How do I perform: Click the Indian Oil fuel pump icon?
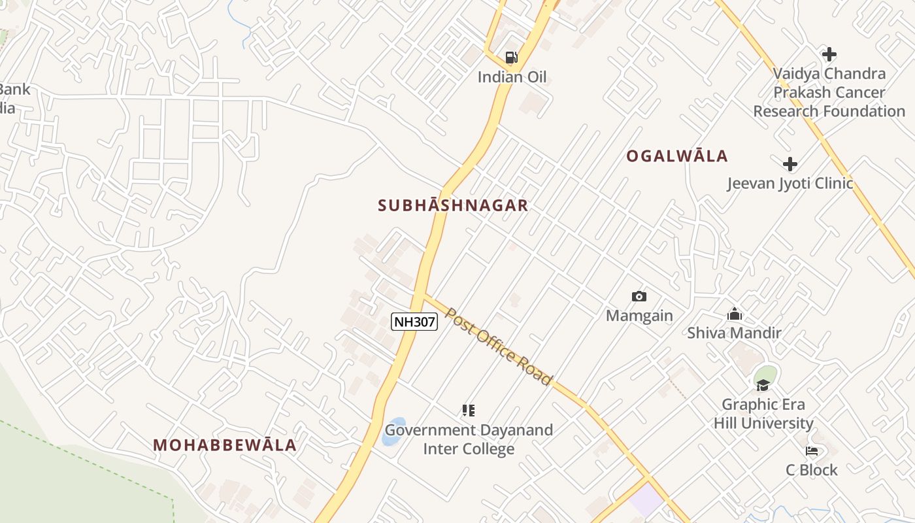[x=511, y=58]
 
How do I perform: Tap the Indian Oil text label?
[x=512, y=77]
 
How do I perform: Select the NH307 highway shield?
[x=414, y=321]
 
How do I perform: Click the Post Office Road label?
[x=499, y=346]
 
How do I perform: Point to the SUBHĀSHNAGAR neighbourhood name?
[x=453, y=205]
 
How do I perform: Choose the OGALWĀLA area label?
[x=677, y=156]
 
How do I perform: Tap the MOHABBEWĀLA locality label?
[x=225, y=445]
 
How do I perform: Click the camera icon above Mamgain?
[x=639, y=297]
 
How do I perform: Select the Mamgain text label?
[x=639, y=316]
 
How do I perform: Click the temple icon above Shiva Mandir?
[x=735, y=314]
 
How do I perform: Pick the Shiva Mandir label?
[x=734, y=333]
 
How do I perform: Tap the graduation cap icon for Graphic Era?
[x=763, y=385]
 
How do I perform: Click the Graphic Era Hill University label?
[x=763, y=414]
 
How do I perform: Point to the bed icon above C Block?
[x=812, y=451]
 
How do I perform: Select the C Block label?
[x=811, y=470]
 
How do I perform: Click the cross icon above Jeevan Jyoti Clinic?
[x=790, y=164]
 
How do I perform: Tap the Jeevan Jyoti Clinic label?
[x=790, y=183]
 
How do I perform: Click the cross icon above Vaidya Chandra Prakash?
[x=829, y=54]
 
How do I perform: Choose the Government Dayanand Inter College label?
[x=469, y=439]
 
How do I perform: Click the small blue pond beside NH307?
[x=393, y=432]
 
